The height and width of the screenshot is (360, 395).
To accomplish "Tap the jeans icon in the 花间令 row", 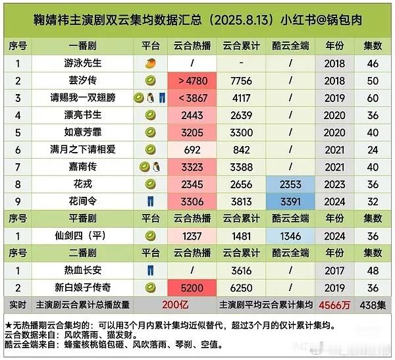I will click(150, 201).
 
